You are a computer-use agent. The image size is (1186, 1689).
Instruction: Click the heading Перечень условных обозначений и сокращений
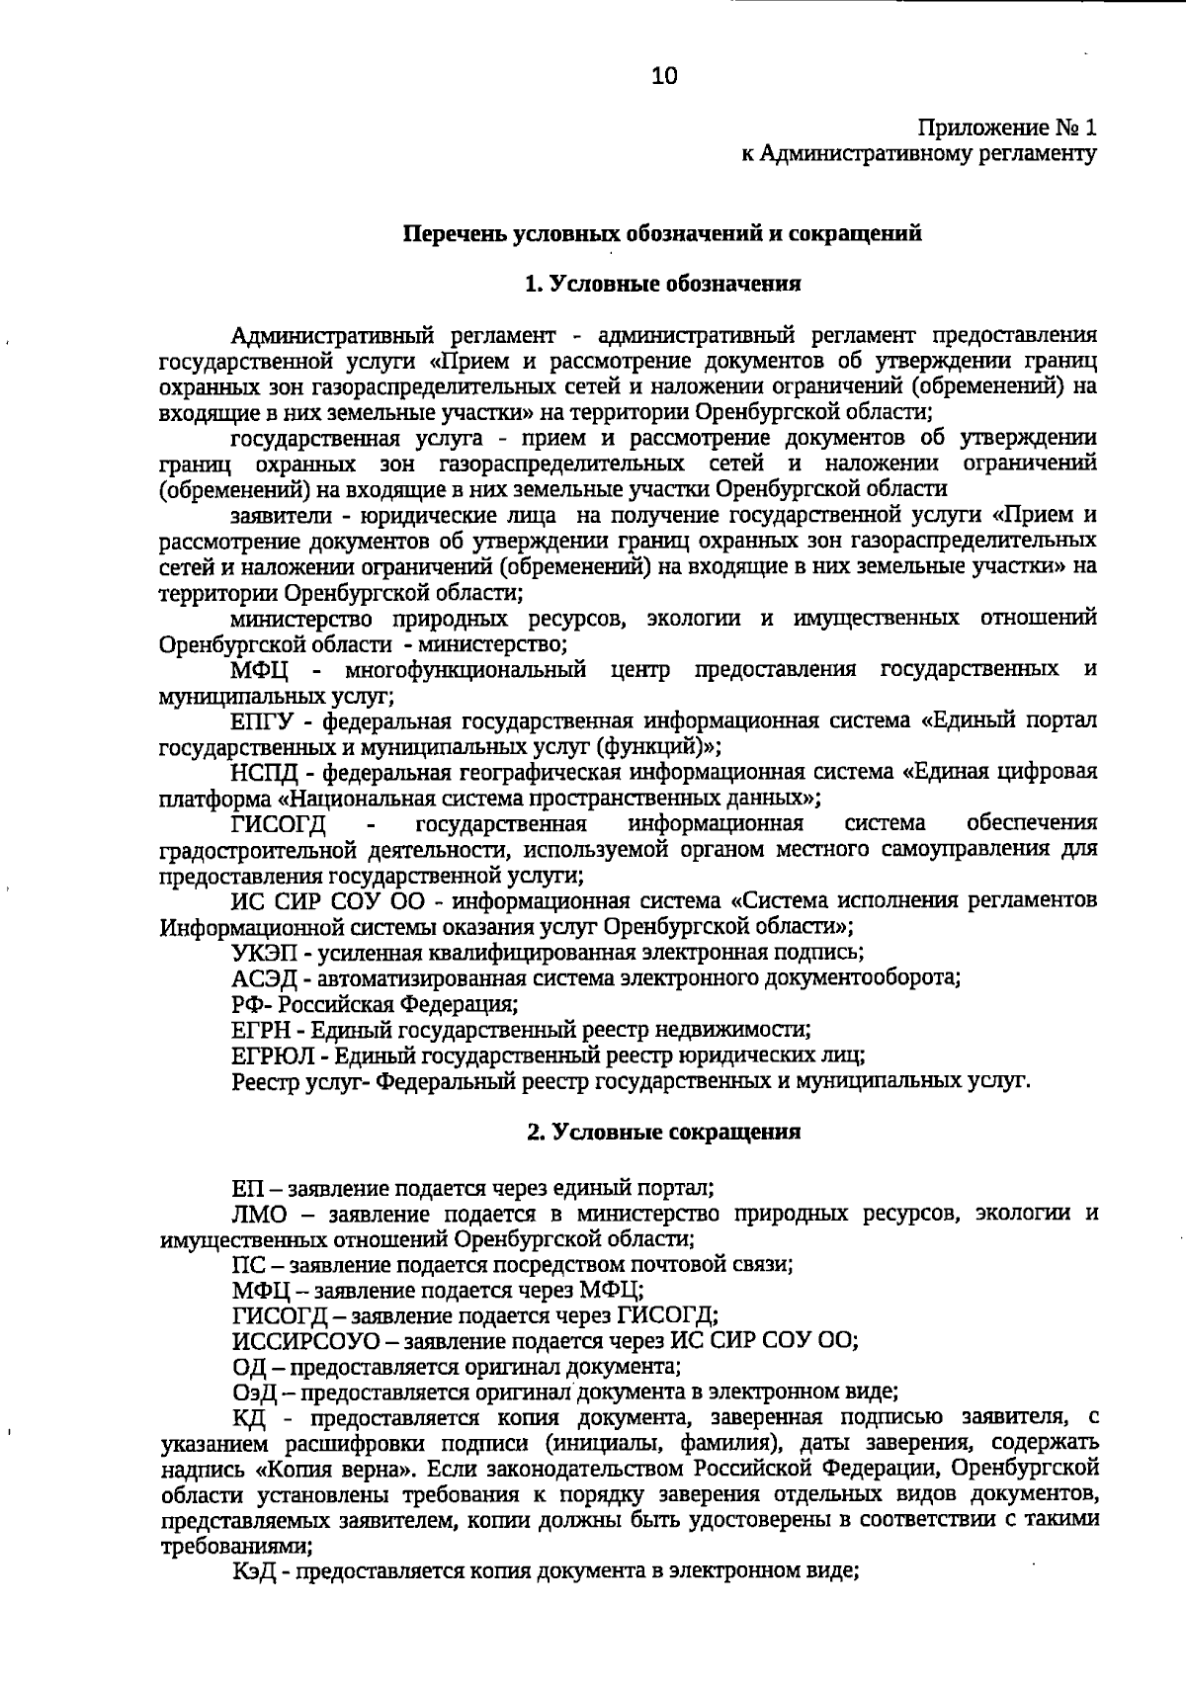(x=662, y=234)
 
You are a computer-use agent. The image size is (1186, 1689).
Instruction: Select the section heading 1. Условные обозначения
(x=662, y=285)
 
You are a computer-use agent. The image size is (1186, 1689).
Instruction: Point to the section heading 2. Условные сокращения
(x=662, y=1133)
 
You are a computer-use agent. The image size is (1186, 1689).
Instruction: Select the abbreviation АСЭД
(x=260, y=978)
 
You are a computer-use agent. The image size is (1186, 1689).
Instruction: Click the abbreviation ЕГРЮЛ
(x=268, y=1056)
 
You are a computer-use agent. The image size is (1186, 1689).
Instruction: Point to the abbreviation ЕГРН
(x=260, y=1030)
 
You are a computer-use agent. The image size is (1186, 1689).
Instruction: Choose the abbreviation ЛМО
(x=260, y=1214)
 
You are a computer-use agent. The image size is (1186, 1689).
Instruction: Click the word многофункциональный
(x=466, y=670)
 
